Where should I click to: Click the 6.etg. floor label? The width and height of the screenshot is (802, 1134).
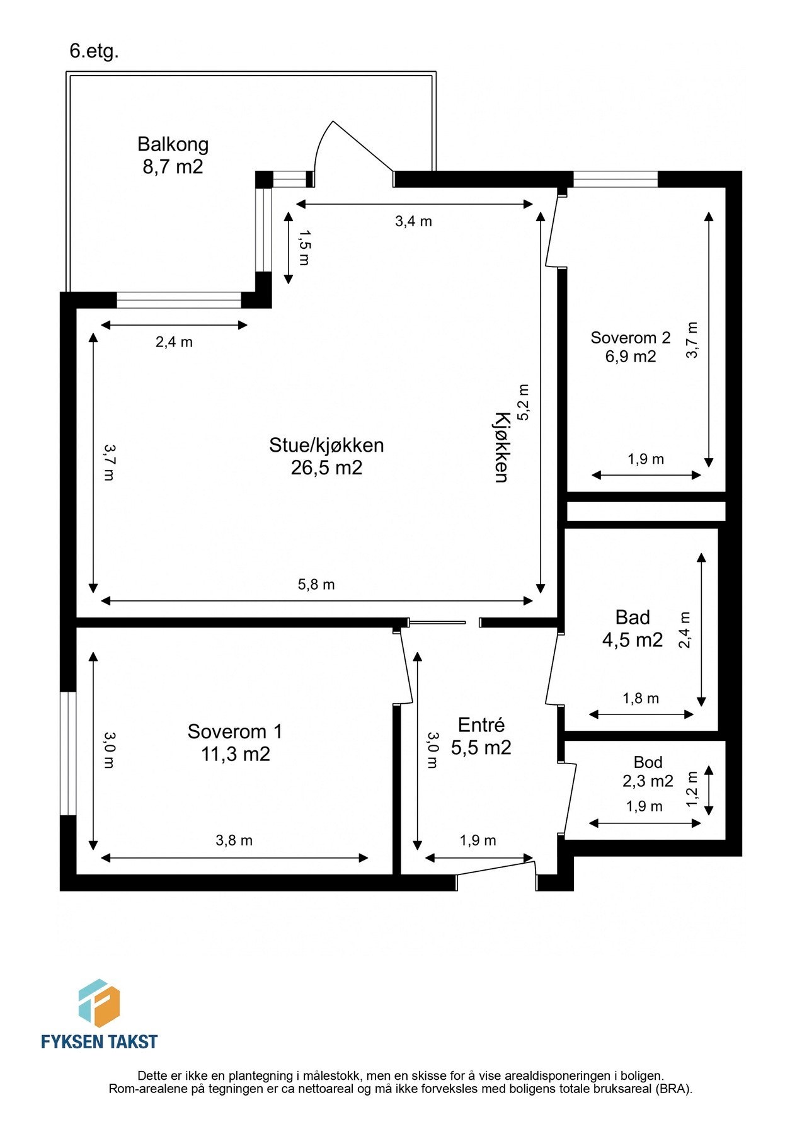(94, 51)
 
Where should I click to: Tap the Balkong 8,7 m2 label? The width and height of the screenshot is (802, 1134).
(173, 156)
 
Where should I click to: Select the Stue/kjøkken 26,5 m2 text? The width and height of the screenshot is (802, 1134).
(326, 456)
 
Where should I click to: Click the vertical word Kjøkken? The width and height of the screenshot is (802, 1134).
(501, 447)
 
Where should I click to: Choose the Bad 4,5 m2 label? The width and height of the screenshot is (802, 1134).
(633, 629)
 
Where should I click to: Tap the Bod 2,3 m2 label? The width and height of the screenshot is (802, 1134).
(648, 772)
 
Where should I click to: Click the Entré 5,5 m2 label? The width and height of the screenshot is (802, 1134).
(481, 736)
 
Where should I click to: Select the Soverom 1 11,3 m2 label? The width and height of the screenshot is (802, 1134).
(235, 743)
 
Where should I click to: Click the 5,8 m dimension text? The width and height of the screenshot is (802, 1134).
(316, 585)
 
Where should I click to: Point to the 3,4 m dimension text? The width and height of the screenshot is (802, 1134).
(413, 221)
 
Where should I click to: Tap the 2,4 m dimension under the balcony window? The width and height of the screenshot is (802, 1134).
(174, 342)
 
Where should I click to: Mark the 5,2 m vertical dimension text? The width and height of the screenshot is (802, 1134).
(524, 402)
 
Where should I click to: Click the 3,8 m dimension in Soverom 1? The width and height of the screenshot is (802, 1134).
(234, 840)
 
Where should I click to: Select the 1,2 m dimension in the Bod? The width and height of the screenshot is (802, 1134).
(692, 789)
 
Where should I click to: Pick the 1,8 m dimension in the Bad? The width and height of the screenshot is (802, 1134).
(641, 698)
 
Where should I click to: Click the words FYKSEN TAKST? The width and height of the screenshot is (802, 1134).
(99, 1041)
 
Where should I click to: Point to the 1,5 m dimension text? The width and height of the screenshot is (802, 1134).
(304, 248)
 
